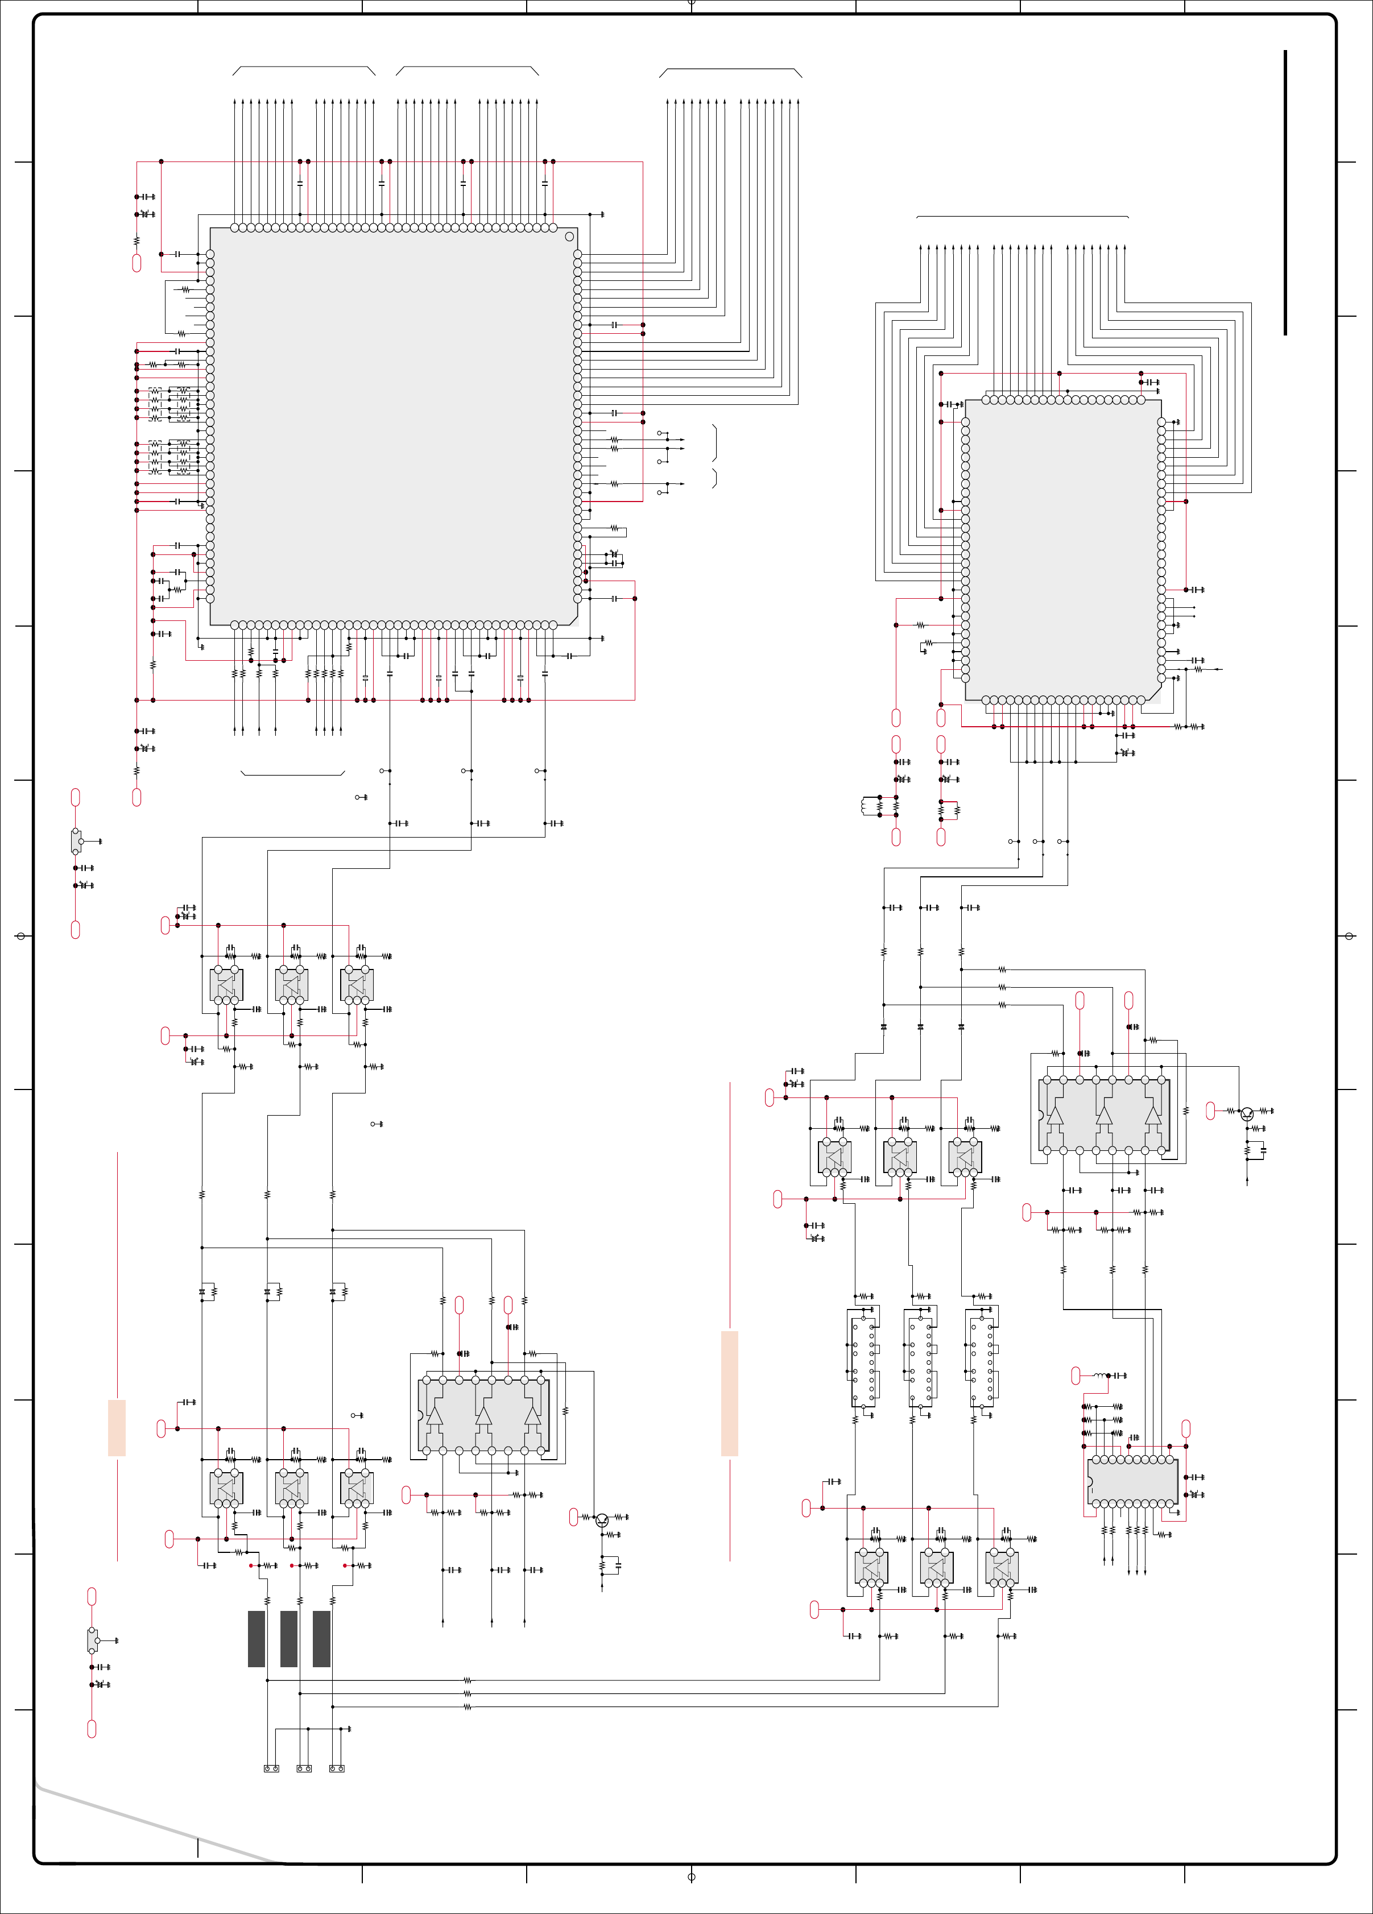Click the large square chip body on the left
(392, 426)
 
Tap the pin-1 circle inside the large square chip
(569, 237)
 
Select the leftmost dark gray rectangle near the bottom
(256, 1639)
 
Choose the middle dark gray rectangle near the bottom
(288, 1639)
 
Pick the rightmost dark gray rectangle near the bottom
(321, 1639)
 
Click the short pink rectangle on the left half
(117, 1427)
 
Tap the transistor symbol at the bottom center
(602, 1520)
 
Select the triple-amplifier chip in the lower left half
(483, 1415)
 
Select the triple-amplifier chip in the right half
(1104, 1115)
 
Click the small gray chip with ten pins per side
(1132, 1480)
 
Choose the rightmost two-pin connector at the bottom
(337, 1768)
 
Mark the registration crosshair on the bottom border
(691, 1877)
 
